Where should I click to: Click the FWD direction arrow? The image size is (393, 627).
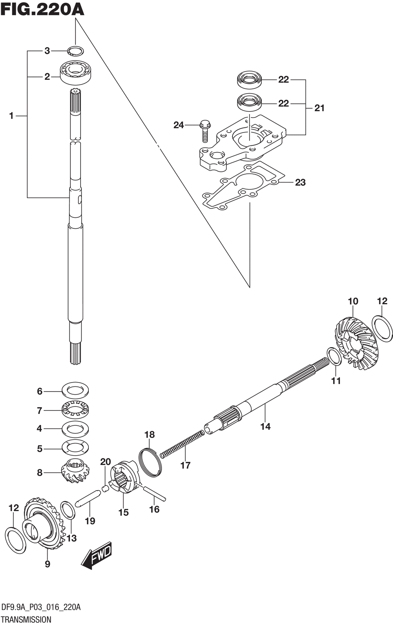tap(96, 557)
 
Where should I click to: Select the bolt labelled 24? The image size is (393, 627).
tap(205, 131)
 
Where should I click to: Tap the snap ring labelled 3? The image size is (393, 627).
tap(75, 51)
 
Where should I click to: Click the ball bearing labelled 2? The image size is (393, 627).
tap(75, 72)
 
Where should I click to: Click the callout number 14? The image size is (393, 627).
tap(265, 426)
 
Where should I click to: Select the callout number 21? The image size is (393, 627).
tap(320, 108)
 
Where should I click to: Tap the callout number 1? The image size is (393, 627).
tap(11, 116)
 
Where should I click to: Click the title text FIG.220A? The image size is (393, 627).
tap(42, 9)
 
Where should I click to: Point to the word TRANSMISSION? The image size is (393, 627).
tap(26, 620)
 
